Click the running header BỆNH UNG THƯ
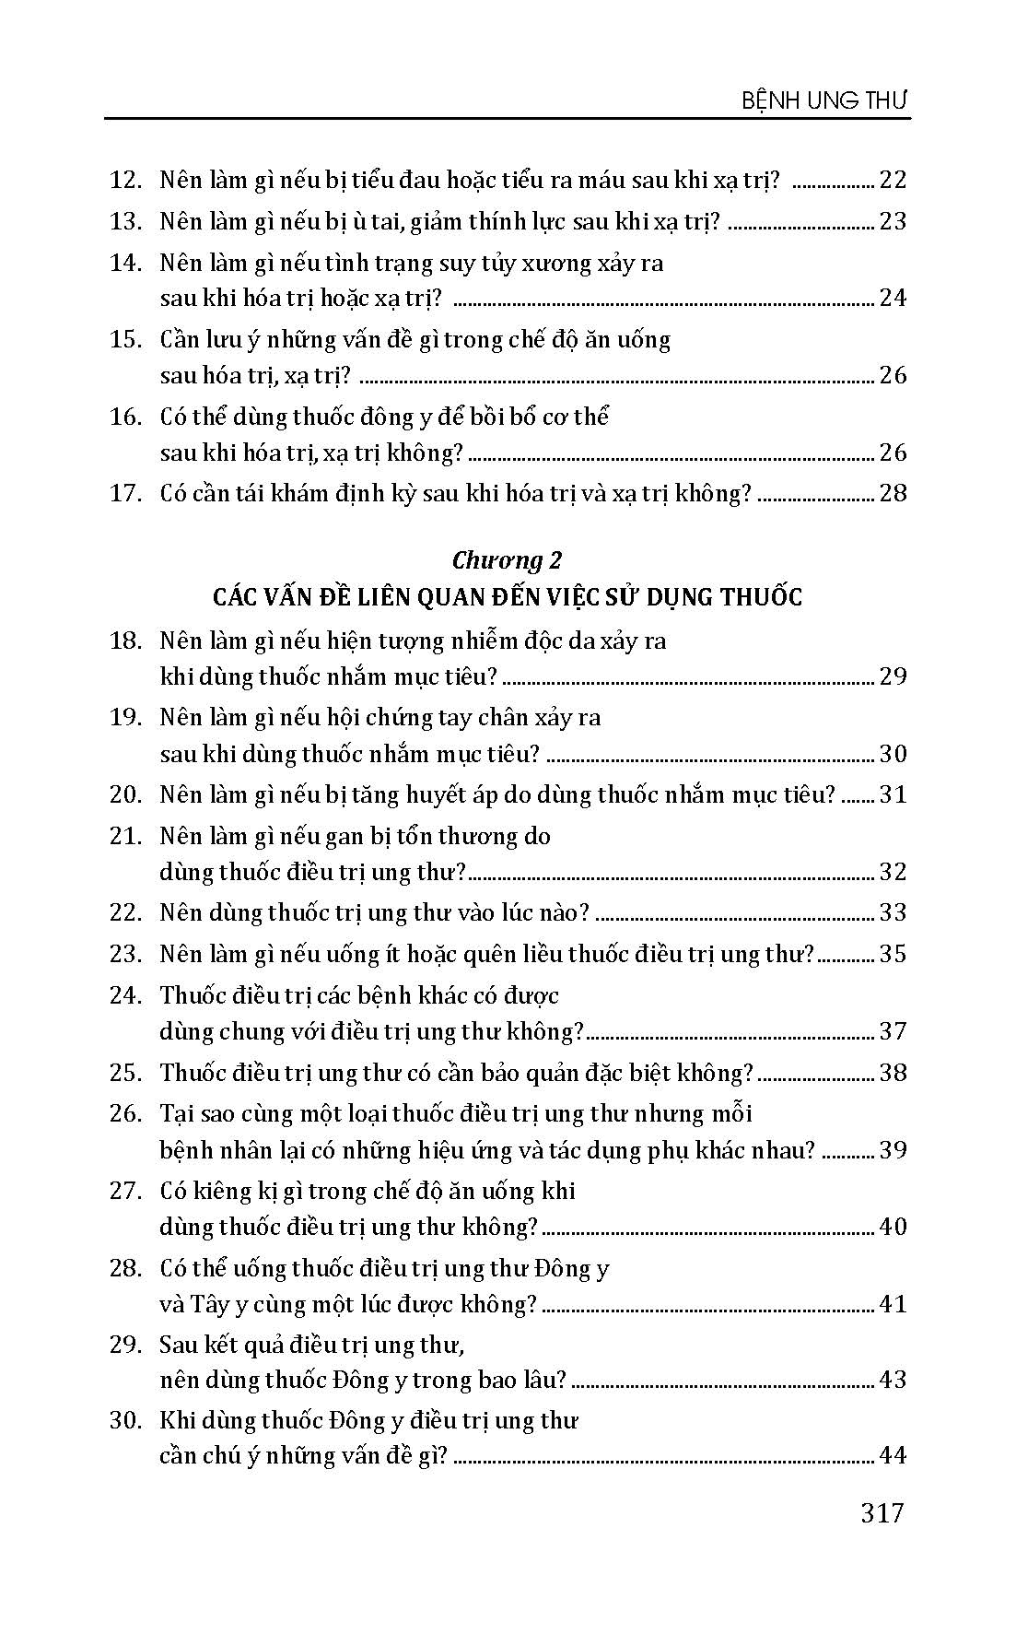pyautogui.click(x=825, y=100)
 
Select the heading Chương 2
pyautogui.click(x=507, y=559)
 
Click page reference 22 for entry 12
pyautogui.click(x=893, y=180)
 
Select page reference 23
pyautogui.click(x=893, y=221)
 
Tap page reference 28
pyautogui.click(x=893, y=493)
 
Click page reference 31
pyautogui.click(x=893, y=794)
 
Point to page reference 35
pyautogui.click(x=893, y=954)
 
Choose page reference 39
pyautogui.click(x=893, y=1150)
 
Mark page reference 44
pyautogui.click(x=893, y=1456)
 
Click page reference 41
pyautogui.click(x=893, y=1304)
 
